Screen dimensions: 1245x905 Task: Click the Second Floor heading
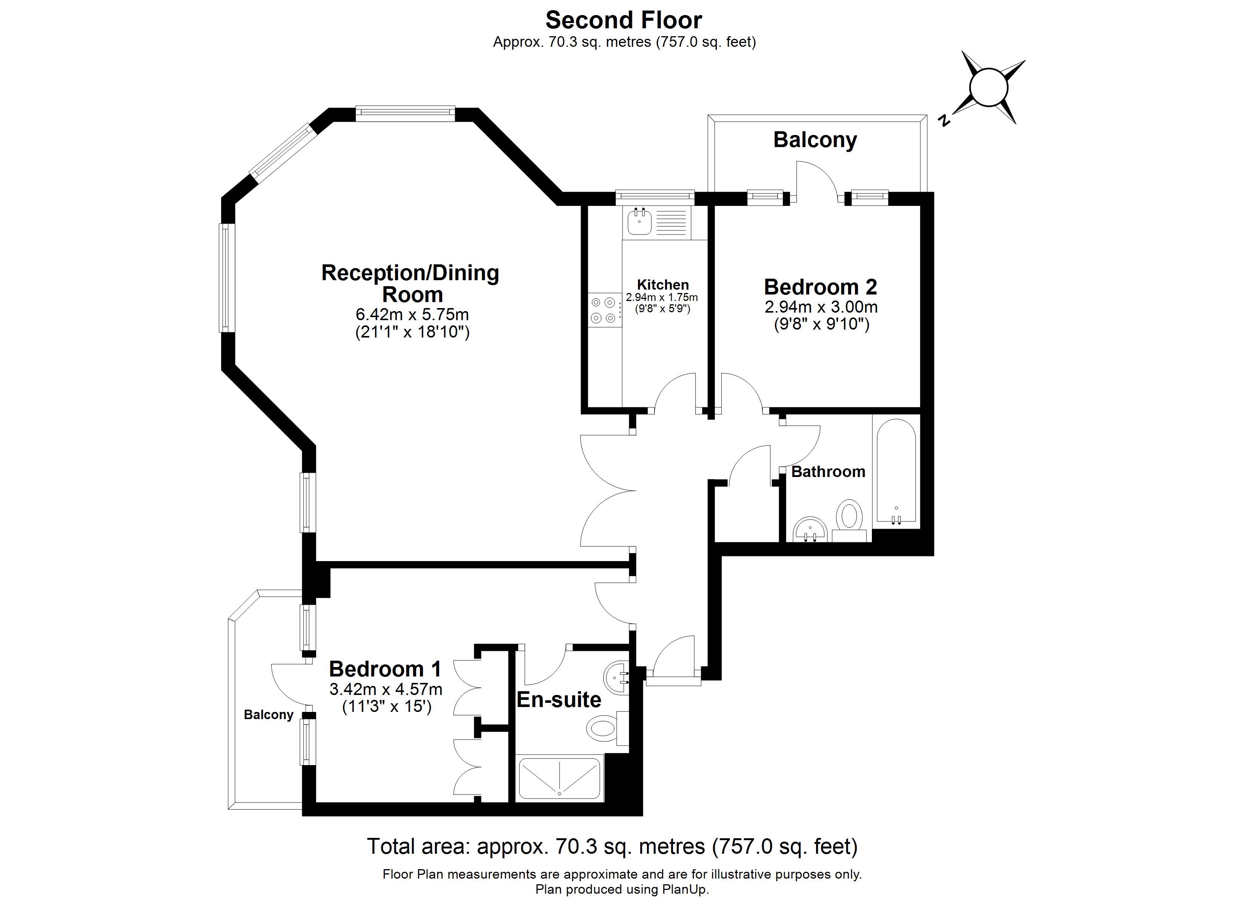[x=624, y=20]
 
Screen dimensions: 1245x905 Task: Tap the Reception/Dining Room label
[x=410, y=283]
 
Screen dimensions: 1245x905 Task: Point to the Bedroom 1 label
[x=385, y=669]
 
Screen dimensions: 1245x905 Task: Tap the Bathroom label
[x=828, y=471]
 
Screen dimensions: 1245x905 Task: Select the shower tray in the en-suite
[x=559, y=778]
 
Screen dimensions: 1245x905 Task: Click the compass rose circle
[x=989, y=87]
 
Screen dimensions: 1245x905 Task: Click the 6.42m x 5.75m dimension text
[x=412, y=314]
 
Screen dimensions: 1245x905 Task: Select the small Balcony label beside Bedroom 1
[x=269, y=715]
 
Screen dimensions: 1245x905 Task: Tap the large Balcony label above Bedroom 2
[x=815, y=140]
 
